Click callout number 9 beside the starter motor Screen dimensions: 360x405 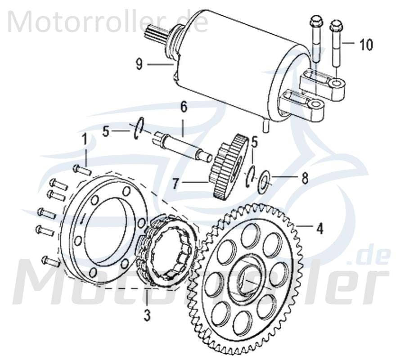tap(139, 65)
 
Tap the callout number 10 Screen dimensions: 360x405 tap(365, 45)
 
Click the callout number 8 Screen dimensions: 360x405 tap(305, 179)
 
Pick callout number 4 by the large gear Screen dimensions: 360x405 tap(319, 229)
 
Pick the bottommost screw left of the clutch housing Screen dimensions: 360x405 tap(50, 261)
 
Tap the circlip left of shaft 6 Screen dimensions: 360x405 tap(137, 126)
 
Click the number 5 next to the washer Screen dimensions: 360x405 tap(254, 143)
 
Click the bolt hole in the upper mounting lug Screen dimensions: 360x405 tap(337, 84)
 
